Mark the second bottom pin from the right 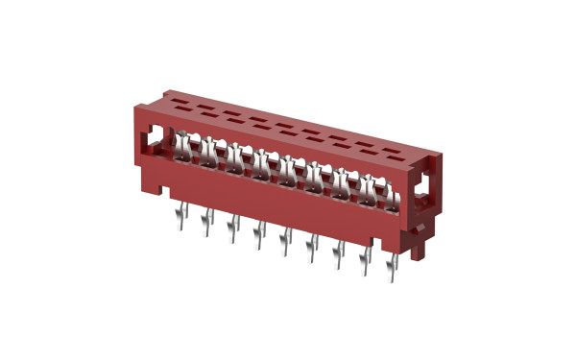[x=363, y=254]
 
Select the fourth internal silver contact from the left [x=262, y=163]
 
